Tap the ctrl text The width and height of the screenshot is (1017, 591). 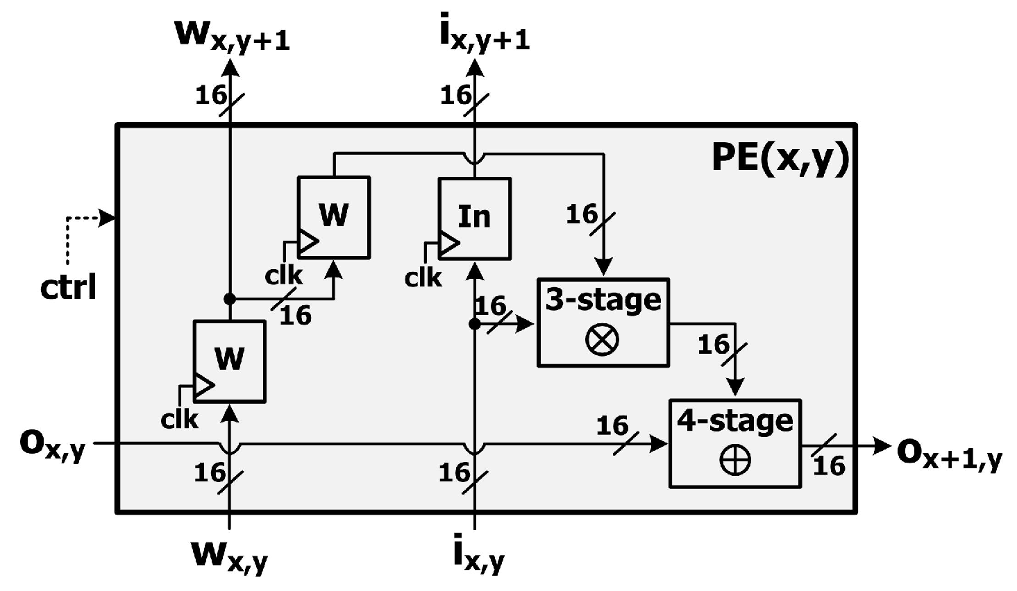69,286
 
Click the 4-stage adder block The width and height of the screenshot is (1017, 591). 734,443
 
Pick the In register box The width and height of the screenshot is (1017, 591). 474,218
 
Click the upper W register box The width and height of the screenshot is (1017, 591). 334,217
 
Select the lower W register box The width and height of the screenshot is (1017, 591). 229,361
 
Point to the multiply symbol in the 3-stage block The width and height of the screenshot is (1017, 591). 603,340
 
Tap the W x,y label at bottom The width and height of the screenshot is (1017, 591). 229,556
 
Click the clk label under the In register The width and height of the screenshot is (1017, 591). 423,277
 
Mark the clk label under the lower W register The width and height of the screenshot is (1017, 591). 179,419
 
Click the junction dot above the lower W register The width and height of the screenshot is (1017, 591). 229,299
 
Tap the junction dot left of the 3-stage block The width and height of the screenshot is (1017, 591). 474,324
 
